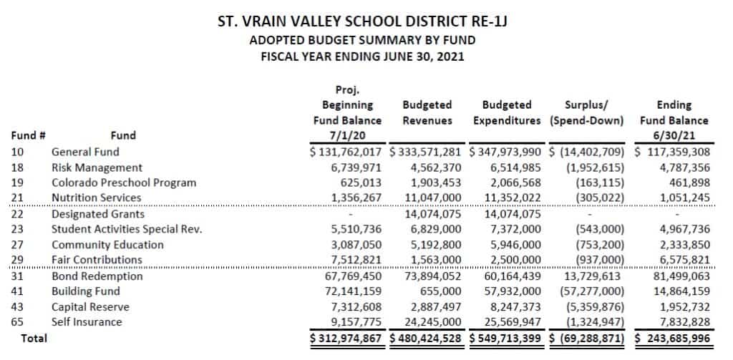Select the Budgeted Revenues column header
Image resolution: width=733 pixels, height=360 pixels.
427,113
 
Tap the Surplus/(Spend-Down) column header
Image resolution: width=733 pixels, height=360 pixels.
586,113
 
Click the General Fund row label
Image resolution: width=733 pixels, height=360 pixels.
85,152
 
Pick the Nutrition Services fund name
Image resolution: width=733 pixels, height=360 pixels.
96,198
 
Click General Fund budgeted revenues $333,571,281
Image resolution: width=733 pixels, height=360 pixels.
427,152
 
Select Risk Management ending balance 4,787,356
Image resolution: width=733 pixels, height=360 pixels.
679,167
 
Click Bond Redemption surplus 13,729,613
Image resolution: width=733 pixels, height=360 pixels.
591,276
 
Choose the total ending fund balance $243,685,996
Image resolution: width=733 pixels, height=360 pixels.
672,338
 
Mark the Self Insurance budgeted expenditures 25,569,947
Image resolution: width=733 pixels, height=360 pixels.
508,322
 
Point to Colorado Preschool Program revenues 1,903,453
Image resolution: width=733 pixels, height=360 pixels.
432,183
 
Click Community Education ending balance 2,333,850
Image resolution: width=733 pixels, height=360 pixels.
679,245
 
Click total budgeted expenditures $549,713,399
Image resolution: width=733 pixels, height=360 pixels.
506,338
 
